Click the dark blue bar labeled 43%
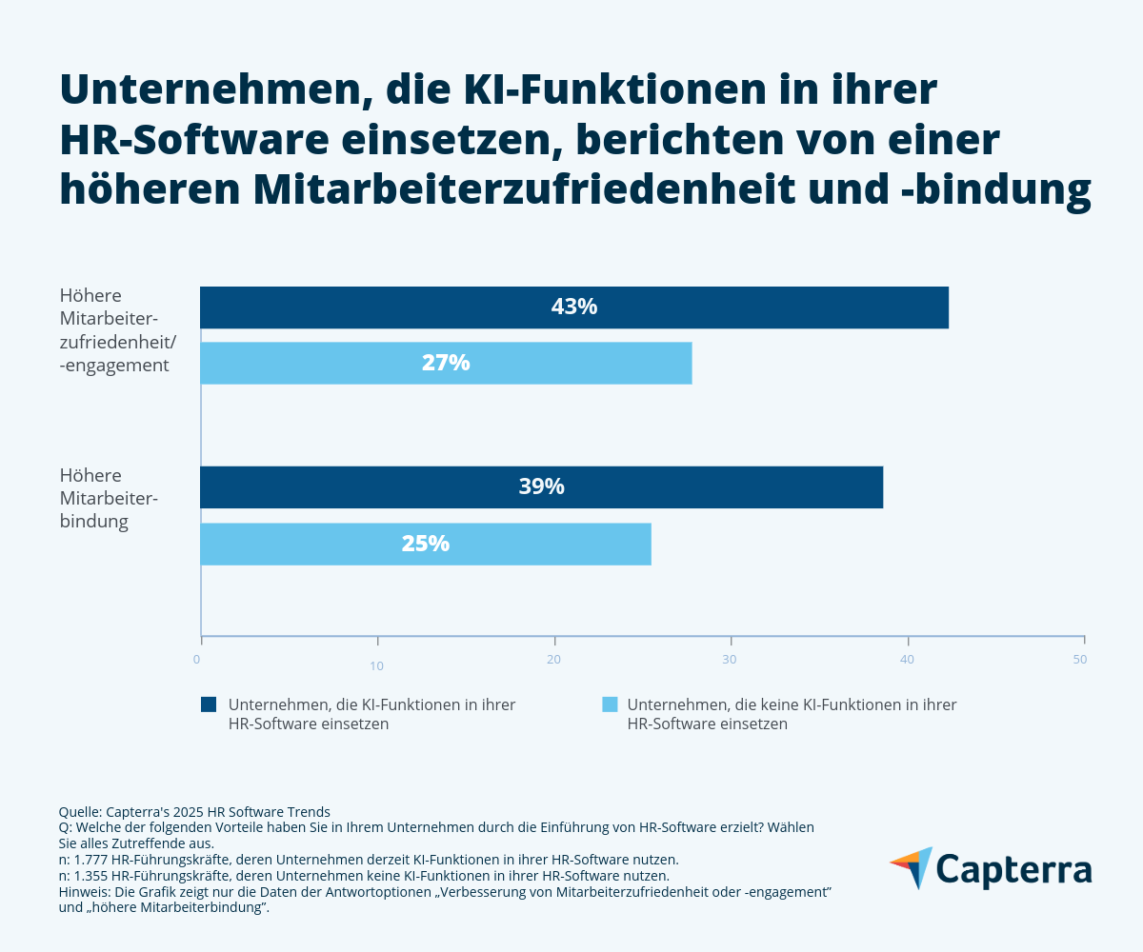(573, 307)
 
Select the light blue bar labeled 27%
(446, 363)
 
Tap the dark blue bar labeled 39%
(541, 486)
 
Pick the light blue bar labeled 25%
(425, 544)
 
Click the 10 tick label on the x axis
(377, 665)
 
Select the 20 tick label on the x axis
(553, 659)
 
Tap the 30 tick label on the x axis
(730, 659)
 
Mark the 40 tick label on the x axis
(908, 659)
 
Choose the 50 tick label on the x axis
(1080, 659)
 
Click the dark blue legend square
(209, 704)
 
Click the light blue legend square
(610, 704)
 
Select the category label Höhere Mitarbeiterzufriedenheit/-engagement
(114, 329)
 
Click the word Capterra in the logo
(1013, 870)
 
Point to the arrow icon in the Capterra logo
(912, 867)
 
